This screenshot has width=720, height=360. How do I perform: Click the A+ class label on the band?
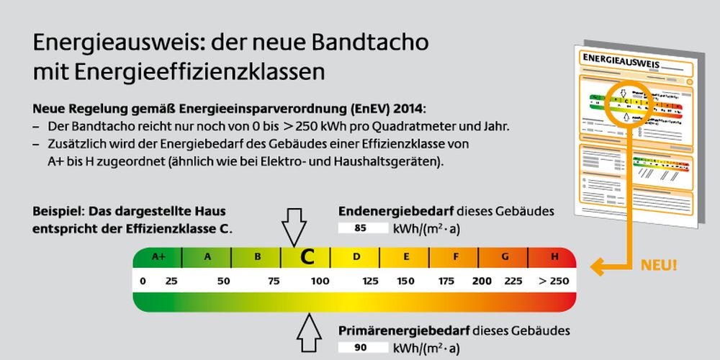point(158,256)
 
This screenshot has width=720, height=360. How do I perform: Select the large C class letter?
point(307,257)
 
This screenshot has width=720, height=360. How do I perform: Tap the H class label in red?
point(554,256)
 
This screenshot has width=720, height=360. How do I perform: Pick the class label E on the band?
point(406,256)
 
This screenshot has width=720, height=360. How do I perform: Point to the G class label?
point(505,256)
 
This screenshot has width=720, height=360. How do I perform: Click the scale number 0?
point(143,281)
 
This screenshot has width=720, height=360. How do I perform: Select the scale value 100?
point(320,281)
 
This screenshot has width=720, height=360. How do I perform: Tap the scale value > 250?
point(553,281)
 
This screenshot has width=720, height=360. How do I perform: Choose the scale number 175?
point(446,281)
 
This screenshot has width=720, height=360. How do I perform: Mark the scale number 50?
point(223,281)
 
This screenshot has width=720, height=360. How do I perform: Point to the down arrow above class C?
point(294,226)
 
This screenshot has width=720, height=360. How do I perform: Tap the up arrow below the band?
point(310,333)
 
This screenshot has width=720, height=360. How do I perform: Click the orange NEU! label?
point(659,265)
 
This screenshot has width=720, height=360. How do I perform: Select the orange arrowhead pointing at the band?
point(596,267)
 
